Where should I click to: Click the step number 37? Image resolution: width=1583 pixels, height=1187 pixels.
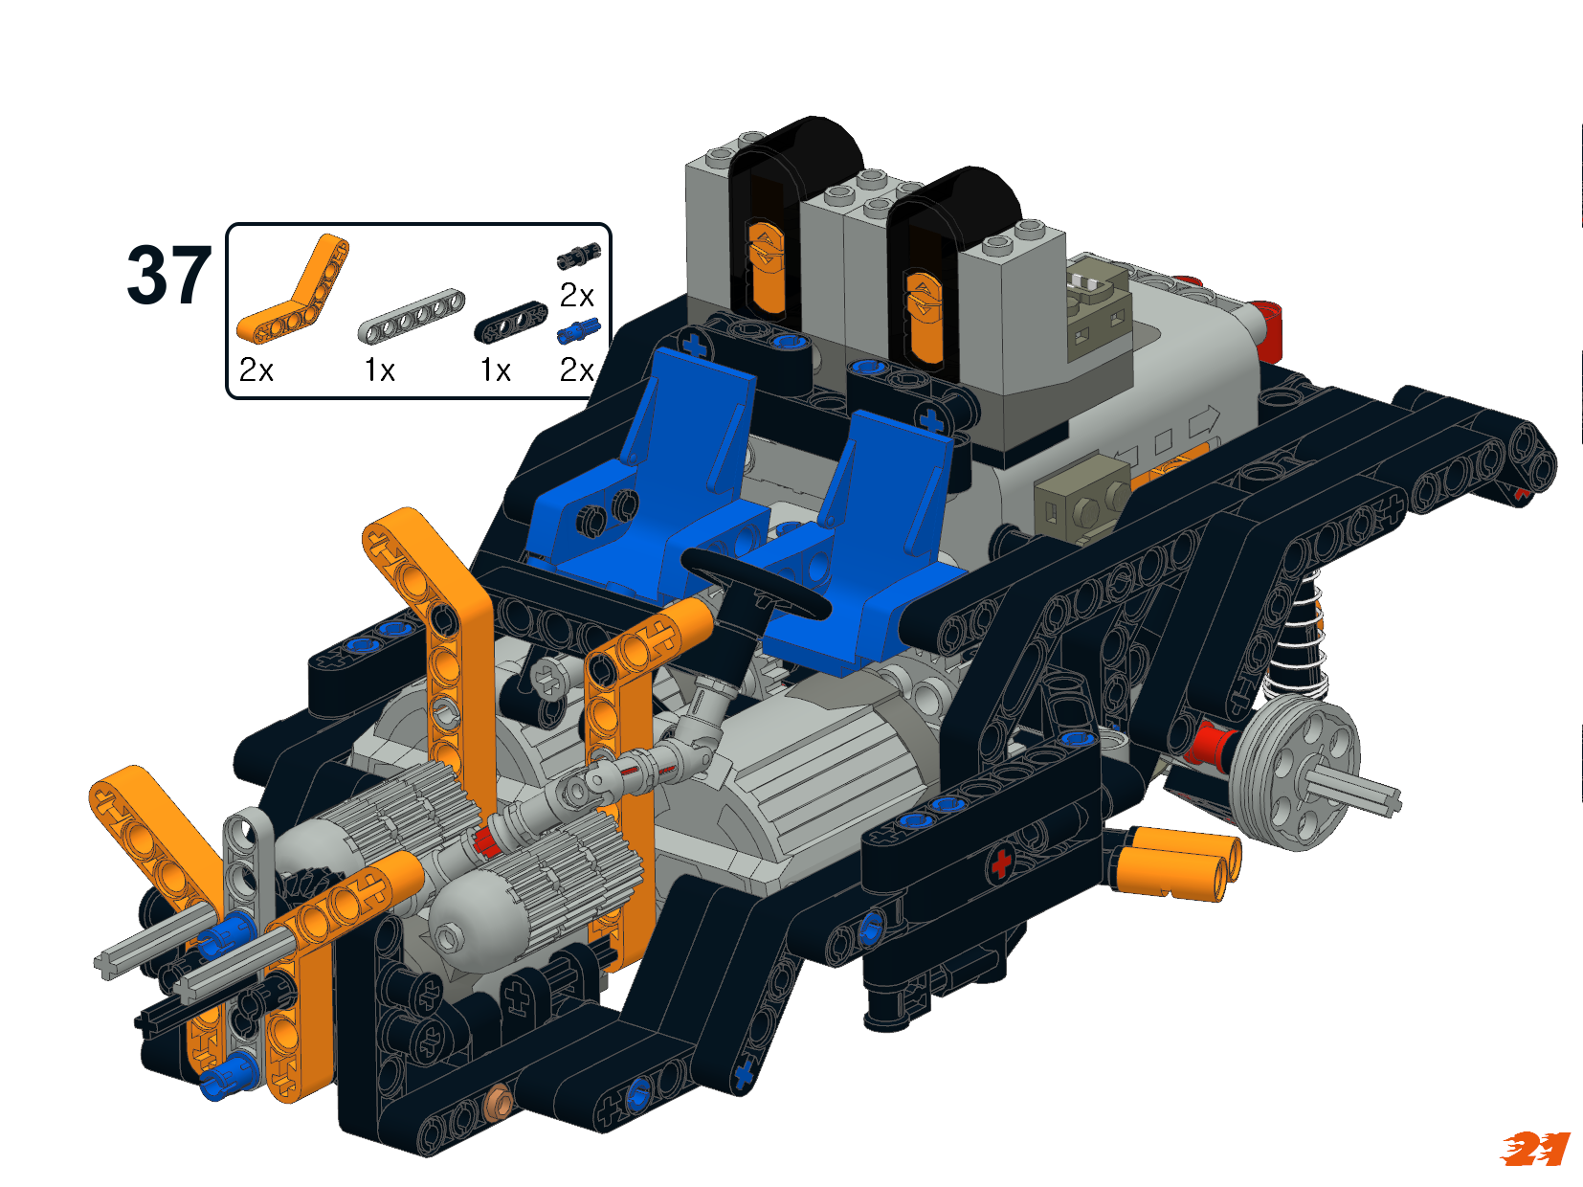coord(168,275)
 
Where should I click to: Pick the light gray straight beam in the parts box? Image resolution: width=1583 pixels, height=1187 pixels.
coord(412,315)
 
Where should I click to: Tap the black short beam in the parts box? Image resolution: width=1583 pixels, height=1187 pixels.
coord(510,322)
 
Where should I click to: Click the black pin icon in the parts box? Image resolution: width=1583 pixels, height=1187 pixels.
coord(579,256)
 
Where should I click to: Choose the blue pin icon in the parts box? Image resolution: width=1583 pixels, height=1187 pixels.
coord(578,331)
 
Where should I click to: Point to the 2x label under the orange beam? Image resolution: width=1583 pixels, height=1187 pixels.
coord(256,370)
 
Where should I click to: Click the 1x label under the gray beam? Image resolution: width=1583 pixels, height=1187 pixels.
coord(379,370)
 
